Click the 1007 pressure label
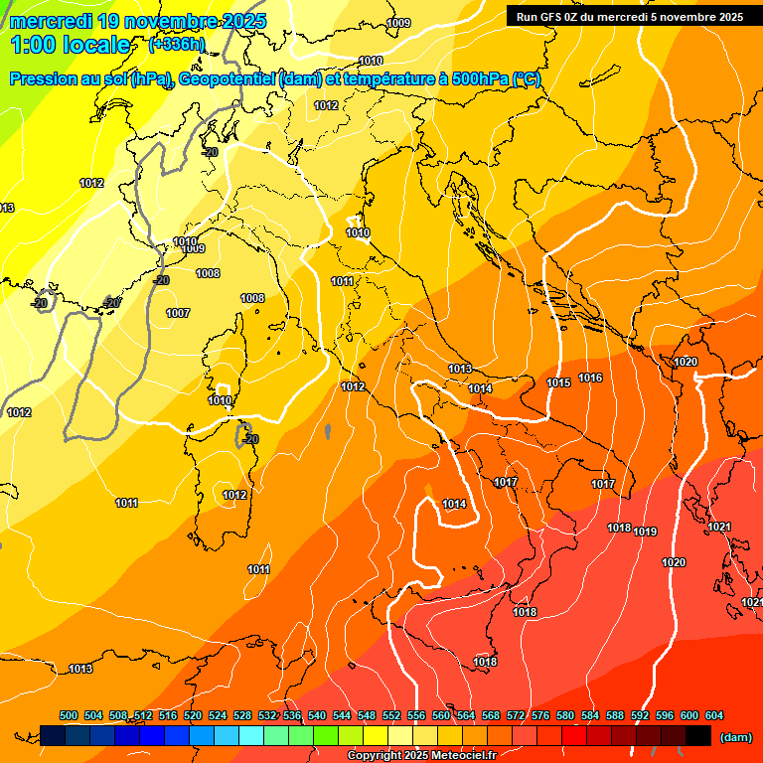178,313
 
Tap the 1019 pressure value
645,533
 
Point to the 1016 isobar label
590,379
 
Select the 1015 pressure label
558,382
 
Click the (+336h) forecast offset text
177,44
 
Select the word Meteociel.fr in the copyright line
462,756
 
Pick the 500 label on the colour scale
69,715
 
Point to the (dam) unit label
735,737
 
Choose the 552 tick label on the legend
391,715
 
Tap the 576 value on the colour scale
540,715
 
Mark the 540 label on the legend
317,715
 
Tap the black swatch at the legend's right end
698,735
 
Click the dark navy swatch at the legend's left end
53,735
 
